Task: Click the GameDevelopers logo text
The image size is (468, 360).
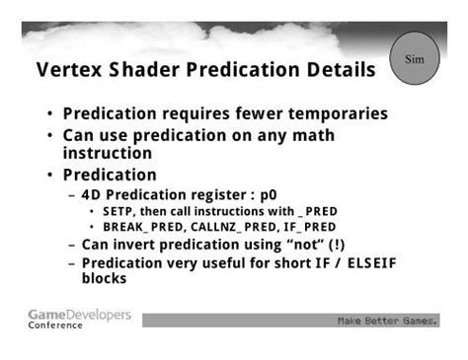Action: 79,314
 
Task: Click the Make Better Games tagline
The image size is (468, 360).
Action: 387,321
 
